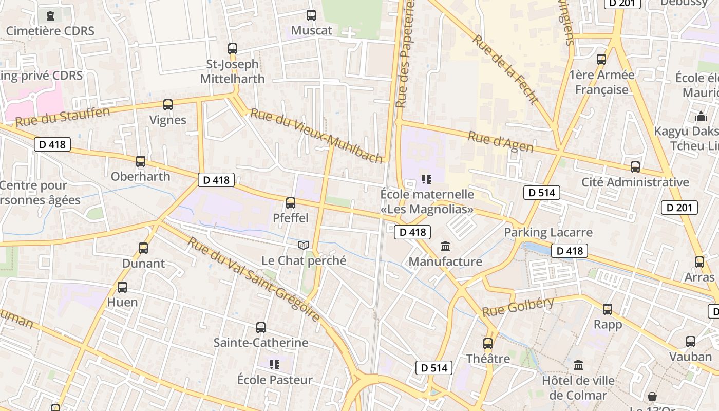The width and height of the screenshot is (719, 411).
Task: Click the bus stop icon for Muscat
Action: pyautogui.click(x=311, y=15)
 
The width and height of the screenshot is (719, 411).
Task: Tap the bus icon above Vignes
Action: pyautogui.click(x=168, y=105)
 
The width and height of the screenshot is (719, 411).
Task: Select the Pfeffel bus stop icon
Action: pyautogui.click(x=291, y=203)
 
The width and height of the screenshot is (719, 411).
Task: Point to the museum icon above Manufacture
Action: pyautogui.click(x=445, y=246)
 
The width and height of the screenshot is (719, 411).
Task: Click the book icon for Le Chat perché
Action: pyautogui.click(x=304, y=246)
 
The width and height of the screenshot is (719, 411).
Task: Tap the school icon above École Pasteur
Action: pyautogui.click(x=275, y=365)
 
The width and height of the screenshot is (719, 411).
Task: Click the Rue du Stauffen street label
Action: pyautogui.click(x=63, y=117)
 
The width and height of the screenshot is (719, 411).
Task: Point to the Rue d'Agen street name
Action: pyautogui.click(x=500, y=142)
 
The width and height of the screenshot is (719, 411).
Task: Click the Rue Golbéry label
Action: pyautogui.click(x=518, y=307)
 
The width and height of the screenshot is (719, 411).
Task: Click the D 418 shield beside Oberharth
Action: pyautogui.click(x=52, y=144)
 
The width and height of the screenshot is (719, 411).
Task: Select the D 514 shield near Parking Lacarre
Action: pyautogui.click(x=541, y=193)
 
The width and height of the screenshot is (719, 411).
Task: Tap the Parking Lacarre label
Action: pyautogui.click(x=548, y=232)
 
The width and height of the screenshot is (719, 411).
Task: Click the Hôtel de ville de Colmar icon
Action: pyautogui.click(x=578, y=365)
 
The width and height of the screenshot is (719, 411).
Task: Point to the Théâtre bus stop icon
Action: pyautogui.click(x=488, y=343)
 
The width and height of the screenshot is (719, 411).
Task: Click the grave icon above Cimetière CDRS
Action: pyautogui.click(x=50, y=16)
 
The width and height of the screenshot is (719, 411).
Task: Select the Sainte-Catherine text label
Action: pyautogui.click(x=261, y=343)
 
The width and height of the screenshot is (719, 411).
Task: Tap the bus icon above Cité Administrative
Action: pyautogui.click(x=635, y=167)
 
